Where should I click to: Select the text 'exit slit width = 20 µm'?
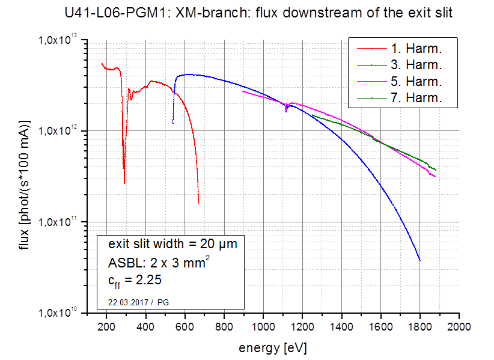pos(172,245)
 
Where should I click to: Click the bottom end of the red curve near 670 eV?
pos(198,203)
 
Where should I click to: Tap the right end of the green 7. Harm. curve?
pos(436,169)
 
